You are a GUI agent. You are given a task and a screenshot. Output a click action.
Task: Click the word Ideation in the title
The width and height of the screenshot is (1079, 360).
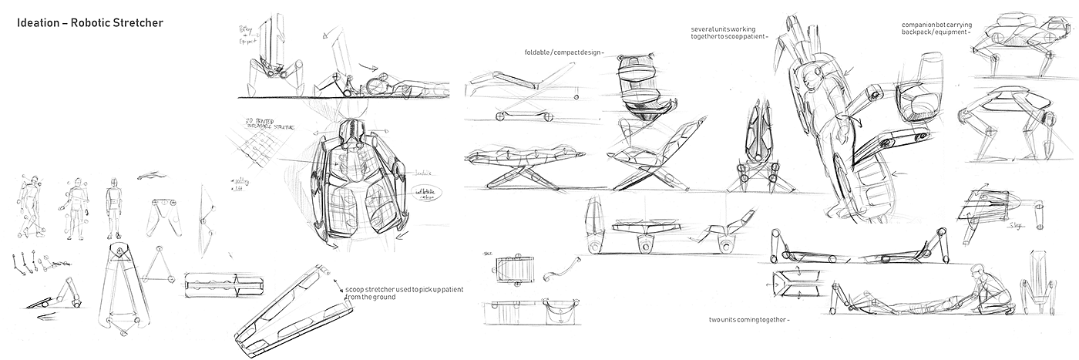38,23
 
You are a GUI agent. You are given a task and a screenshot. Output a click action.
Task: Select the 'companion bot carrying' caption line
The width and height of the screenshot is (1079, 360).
932,25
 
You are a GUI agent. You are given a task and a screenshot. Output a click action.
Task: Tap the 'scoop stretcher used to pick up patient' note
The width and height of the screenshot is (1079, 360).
404,289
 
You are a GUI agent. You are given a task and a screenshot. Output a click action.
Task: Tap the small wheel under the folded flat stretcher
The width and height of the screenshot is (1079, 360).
503,116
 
